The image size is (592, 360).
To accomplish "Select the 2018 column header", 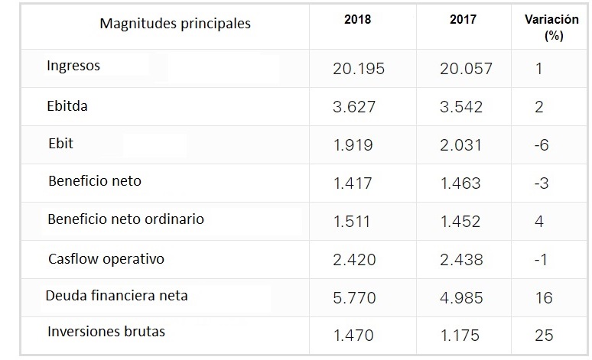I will click(x=357, y=20).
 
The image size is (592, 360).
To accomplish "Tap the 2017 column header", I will click(x=464, y=20).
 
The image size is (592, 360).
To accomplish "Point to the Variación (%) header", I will click(x=551, y=28).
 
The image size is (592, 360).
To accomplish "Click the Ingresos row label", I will click(x=73, y=66).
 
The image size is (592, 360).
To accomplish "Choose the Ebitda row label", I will click(x=67, y=106).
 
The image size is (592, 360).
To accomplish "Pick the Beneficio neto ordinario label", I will click(x=125, y=219).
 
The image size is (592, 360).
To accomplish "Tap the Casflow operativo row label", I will click(x=106, y=259).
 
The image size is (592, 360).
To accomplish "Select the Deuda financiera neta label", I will click(x=116, y=295).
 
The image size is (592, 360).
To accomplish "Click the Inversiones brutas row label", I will click(x=106, y=332).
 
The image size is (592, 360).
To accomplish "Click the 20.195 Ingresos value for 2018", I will click(x=359, y=69).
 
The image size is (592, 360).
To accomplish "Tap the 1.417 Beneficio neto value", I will click(x=354, y=183).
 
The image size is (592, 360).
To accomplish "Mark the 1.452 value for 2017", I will click(x=461, y=222).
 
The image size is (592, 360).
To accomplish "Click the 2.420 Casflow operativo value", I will click(x=354, y=260).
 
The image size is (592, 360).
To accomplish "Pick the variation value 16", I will click(x=544, y=297).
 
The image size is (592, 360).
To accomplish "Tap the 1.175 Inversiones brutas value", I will click(x=461, y=335).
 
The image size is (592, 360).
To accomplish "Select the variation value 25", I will click(x=545, y=335).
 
